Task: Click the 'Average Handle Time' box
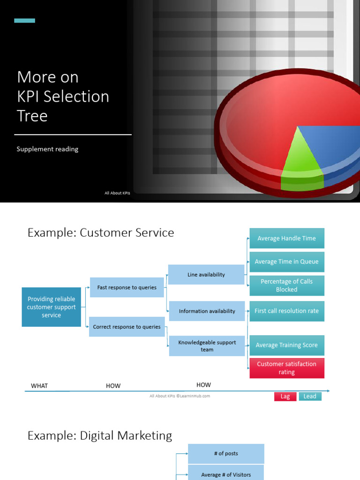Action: [286, 238]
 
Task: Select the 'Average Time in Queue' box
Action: [286, 262]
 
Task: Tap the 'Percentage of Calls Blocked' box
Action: [286, 285]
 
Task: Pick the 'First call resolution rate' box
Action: [286, 311]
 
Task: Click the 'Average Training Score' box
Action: [286, 345]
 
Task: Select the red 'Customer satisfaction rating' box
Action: [286, 368]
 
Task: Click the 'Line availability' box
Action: [206, 275]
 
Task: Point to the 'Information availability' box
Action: [207, 311]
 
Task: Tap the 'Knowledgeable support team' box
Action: [207, 346]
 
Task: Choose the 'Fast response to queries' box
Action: [127, 287]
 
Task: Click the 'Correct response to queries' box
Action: [127, 327]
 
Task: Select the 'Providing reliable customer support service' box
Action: [51, 307]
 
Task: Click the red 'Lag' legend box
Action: [285, 396]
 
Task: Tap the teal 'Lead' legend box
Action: [310, 396]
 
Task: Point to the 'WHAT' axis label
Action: [39, 386]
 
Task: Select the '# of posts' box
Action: [226, 454]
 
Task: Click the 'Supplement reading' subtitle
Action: [47, 149]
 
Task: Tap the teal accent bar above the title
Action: [24, 21]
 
